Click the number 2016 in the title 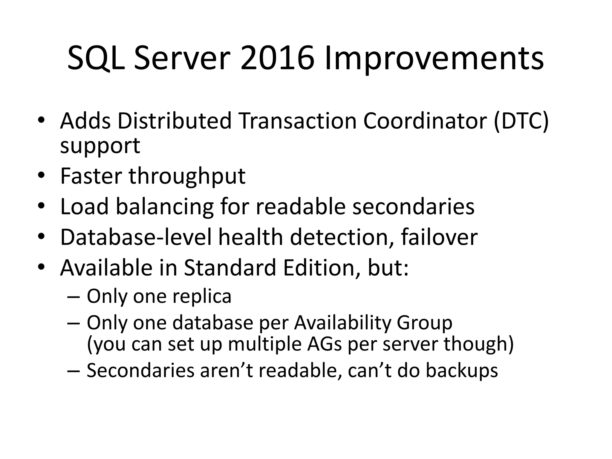(277, 59)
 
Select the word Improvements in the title (434, 59)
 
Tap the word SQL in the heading (96, 59)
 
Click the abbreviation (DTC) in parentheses (521, 121)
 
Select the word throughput (187, 177)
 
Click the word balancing (165, 206)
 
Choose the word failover (439, 237)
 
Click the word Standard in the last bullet (230, 268)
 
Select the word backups (461, 371)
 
